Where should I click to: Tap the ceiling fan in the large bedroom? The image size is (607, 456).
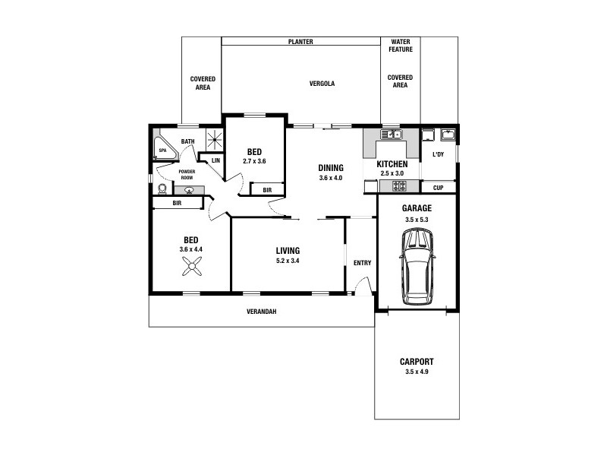pyautogui.click(x=190, y=265)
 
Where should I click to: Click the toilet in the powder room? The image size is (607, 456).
pyautogui.click(x=162, y=188)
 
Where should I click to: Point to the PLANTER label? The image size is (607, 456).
pyautogui.click(x=300, y=42)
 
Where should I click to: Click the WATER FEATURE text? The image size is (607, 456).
pyautogui.click(x=400, y=45)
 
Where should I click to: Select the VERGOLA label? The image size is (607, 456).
pyautogui.click(x=322, y=84)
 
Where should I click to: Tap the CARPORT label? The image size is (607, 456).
pyautogui.click(x=417, y=363)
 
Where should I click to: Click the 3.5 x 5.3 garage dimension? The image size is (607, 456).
pyautogui.click(x=417, y=220)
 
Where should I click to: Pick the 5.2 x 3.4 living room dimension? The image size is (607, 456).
pyautogui.click(x=288, y=261)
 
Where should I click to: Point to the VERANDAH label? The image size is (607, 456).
pyautogui.click(x=260, y=312)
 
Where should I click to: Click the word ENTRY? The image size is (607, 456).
pyautogui.click(x=362, y=263)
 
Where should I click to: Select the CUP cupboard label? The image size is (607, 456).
pyautogui.click(x=438, y=188)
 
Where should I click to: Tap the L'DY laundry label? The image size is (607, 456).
pyautogui.click(x=438, y=155)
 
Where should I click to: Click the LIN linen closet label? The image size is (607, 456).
pyautogui.click(x=215, y=160)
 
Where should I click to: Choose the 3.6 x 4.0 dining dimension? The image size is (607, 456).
pyautogui.click(x=331, y=178)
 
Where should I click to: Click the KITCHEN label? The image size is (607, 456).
pyautogui.click(x=392, y=164)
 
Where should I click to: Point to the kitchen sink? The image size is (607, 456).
pyautogui.click(x=392, y=135)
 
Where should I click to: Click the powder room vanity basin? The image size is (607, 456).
pyautogui.click(x=189, y=190)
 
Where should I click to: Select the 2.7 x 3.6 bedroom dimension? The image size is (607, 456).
pyautogui.click(x=254, y=161)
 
